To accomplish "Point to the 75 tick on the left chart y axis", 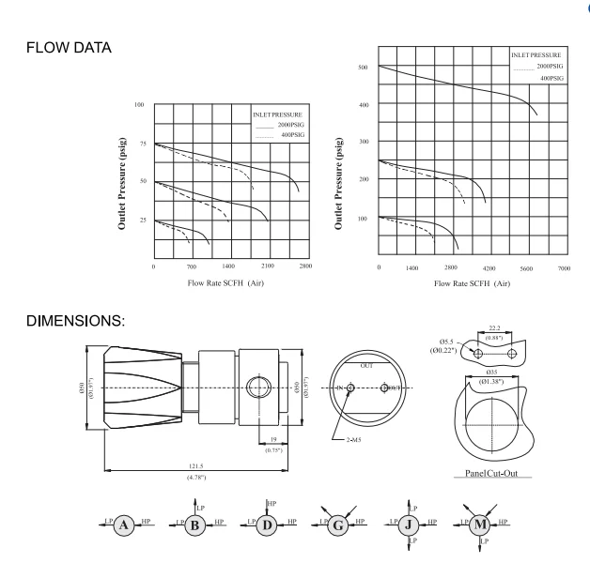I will click(139, 144).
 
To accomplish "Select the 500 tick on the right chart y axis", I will click(362, 68).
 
